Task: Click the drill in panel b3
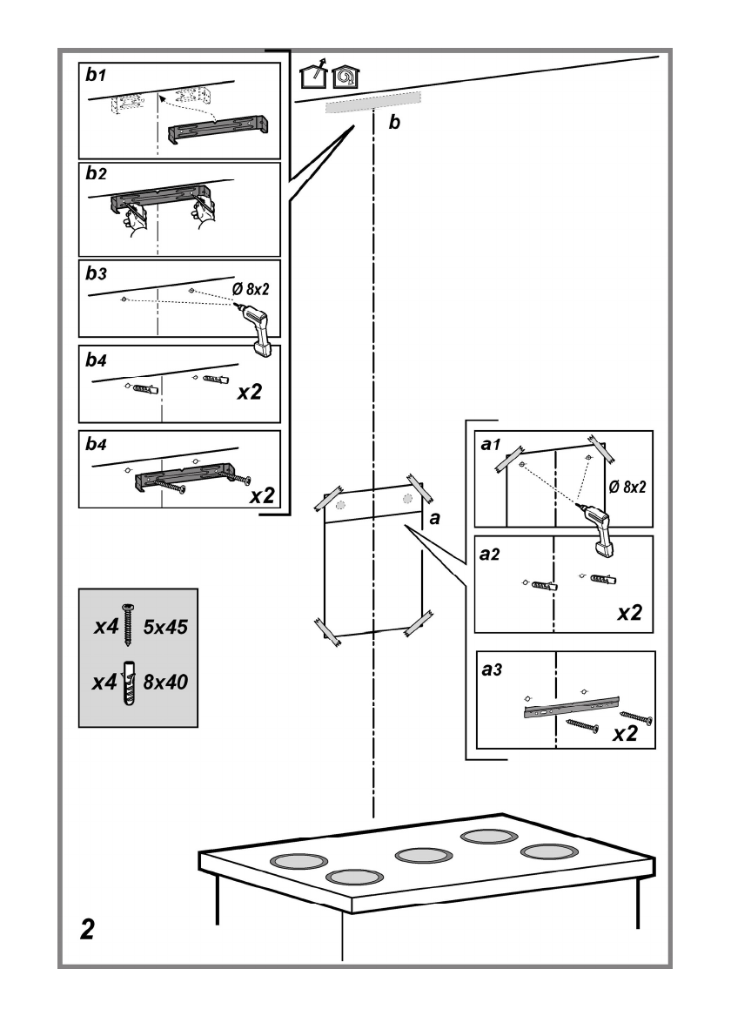coord(258,330)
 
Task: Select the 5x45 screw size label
coord(165,626)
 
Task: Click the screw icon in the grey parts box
coord(129,626)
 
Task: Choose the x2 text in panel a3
coord(624,734)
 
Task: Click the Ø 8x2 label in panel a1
coord(627,488)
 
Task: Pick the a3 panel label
coord(493,672)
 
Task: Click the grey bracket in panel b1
coord(218,131)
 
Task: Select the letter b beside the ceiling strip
coord(394,124)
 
